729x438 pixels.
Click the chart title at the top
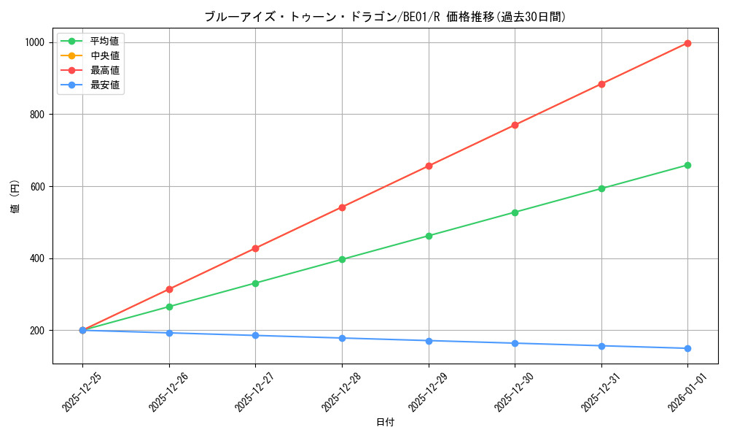click(x=385, y=17)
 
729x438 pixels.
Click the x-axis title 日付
click(x=385, y=423)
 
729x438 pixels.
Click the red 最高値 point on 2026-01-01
click(x=687, y=43)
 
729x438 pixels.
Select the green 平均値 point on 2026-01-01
click(x=687, y=165)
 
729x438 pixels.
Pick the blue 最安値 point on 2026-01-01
click(x=687, y=348)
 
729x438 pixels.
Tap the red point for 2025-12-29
click(x=429, y=166)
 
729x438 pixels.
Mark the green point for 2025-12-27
click(x=255, y=283)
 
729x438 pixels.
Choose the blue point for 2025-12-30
click(x=515, y=343)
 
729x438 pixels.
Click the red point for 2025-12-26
click(x=169, y=289)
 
